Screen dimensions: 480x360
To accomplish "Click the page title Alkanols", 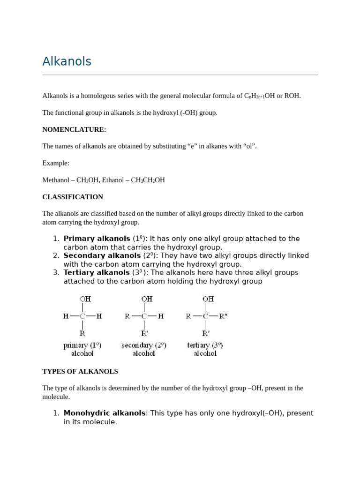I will click(x=67, y=61).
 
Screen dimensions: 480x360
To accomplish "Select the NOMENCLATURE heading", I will click(x=74, y=129).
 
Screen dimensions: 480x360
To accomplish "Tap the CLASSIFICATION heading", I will click(x=73, y=197).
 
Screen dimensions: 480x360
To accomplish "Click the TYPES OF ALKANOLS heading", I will click(x=80, y=371).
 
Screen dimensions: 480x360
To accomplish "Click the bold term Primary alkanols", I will click(x=97, y=239).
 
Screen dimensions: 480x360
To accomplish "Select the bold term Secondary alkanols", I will click(x=102, y=255).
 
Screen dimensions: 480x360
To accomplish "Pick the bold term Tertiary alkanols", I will click(x=96, y=272).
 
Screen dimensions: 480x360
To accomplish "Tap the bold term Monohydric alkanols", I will click(x=104, y=413).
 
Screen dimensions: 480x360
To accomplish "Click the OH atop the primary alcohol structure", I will click(x=85, y=299).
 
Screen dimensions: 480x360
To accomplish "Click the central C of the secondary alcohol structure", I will click(x=144, y=316).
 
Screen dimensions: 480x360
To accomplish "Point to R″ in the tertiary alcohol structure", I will click(x=223, y=316).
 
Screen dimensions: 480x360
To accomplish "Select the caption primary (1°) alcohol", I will click(x=82, y=349).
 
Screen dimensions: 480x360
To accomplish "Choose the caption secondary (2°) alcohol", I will click(x=144, y=349).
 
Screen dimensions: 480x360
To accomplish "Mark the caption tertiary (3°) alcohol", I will click(x=205, y=349).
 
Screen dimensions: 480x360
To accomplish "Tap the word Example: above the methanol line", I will click(x=56, y=163).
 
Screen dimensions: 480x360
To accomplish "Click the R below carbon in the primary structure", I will click(x=82, y=334).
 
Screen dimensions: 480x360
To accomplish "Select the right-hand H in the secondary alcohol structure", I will click(x=161, y=316).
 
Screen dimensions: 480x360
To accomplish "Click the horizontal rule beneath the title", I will click(x=180, y=75).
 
